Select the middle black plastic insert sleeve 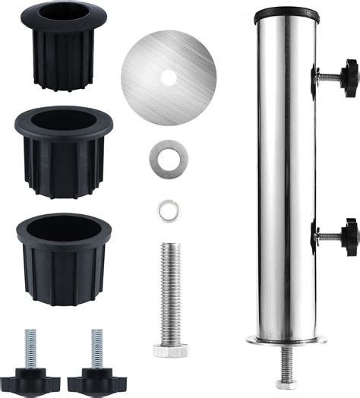62,152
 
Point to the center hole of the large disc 169,77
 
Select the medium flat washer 169,159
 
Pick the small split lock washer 168,210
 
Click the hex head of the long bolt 170,350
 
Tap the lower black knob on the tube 348,235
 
